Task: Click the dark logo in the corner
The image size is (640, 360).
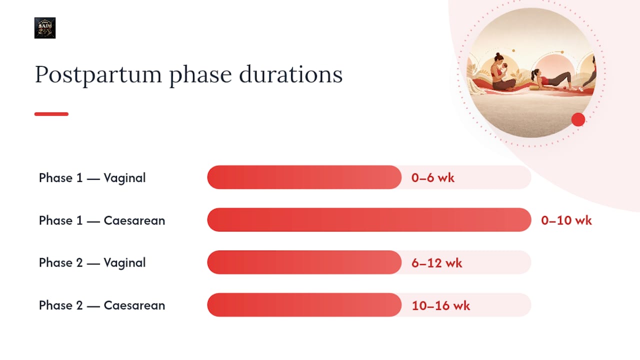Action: [45, 27]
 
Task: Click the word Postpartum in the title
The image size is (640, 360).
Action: [98, 75]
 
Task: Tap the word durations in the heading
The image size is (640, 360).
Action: [290, 74]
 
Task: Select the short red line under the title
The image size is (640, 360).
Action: [51, 114]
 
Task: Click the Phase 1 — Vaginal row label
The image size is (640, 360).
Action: [92, 178]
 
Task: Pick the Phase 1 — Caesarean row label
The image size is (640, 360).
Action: [102, 220]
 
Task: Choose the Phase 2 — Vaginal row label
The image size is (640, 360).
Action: [92, 263]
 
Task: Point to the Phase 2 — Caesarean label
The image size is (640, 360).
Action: [102, 305]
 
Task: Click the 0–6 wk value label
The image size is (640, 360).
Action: [432, 177]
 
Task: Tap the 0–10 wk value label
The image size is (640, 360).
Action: [566, 220]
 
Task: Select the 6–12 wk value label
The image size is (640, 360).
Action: [436, 263]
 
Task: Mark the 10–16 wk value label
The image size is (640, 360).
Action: [440, 305]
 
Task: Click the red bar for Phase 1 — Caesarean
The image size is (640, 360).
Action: [369, 219]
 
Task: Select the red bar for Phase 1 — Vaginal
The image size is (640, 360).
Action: [304, 177]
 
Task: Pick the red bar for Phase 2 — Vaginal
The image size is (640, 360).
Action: [304, 262]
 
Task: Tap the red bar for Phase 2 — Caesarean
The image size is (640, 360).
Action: [304, 305]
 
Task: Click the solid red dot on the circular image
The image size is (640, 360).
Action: [578, 119]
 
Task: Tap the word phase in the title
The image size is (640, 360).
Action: [200, 75]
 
